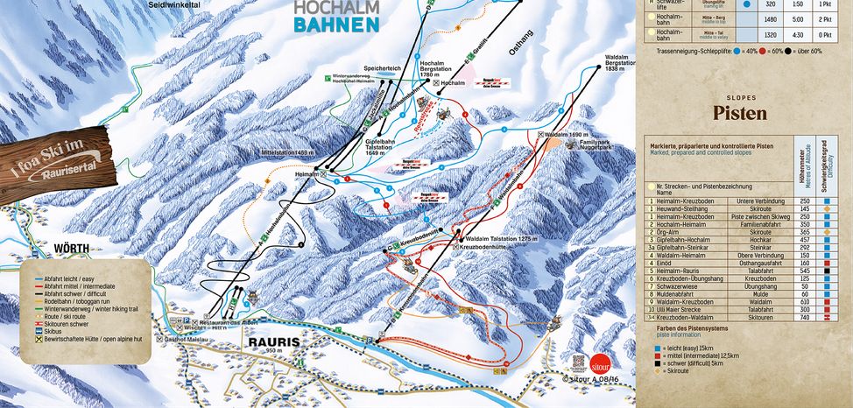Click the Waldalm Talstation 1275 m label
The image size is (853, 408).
499,238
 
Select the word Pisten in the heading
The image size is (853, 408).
739,114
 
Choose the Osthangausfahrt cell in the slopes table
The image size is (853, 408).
749,263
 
